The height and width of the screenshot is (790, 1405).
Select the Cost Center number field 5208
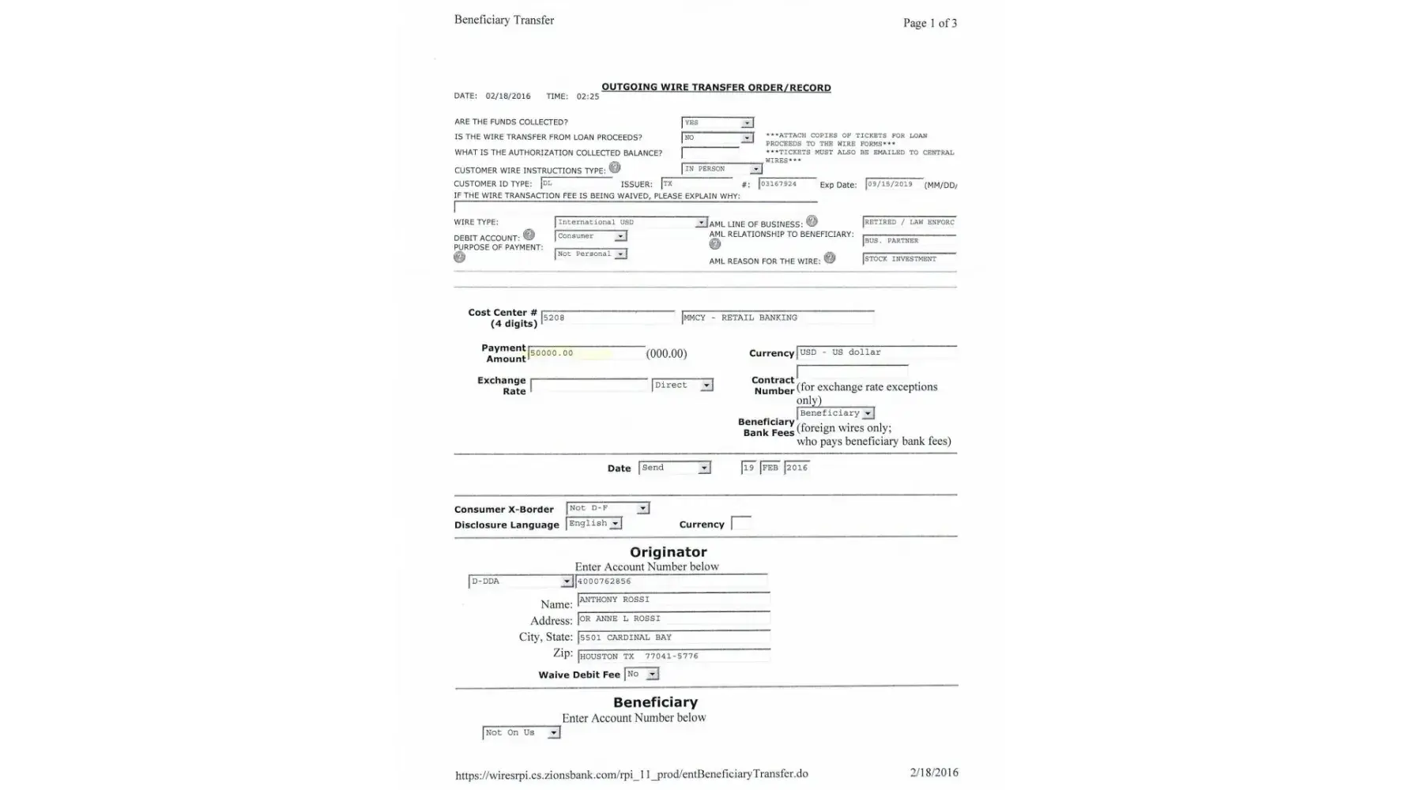pyautogui.click(x=607, y=318)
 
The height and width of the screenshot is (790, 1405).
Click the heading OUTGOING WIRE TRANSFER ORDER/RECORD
pyautogui.click(x=716, y=88)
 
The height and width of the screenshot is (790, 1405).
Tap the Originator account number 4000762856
pyautogui.click(x=672, y=581)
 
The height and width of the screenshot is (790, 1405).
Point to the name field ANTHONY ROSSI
pyautogui.click(x=672, y=600)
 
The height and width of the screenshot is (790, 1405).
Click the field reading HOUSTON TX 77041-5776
pyautogui.click(x=672, y=656)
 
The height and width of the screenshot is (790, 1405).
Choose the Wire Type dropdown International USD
pyautogui.click(x=631, y=223)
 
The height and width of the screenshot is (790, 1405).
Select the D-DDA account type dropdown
pyautogui.click(x=520, y=581)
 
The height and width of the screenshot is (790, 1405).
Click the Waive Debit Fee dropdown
pyautogui.click(x=641, y=674)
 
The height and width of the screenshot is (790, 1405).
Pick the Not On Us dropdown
pyautogui.click(x=521, y=733)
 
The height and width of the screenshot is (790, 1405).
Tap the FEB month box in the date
pyautogui.click(x=770, y=468)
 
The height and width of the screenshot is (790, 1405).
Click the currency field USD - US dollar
pyautogui.click(x=876, y=352)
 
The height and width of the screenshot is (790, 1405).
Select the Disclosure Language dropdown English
pyautogui.click(x=594, y=524)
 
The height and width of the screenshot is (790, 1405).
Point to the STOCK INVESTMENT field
pyautogui.click(x=909, y=259)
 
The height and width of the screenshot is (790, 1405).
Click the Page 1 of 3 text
pyautogui.click(x=929, y=23)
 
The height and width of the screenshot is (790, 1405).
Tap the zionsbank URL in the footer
pyautogui.click(x=631, y=774)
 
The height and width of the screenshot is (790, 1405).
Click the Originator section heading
pyautogui.click(x=668, y=552)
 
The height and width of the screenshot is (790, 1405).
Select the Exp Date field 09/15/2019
pyautogui.click(x=894, y=184)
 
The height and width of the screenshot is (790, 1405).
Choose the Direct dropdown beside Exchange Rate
pyautogui.click(x=683, y=386)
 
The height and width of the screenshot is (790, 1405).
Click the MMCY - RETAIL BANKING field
pyautogui.click(x=778, y=318)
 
